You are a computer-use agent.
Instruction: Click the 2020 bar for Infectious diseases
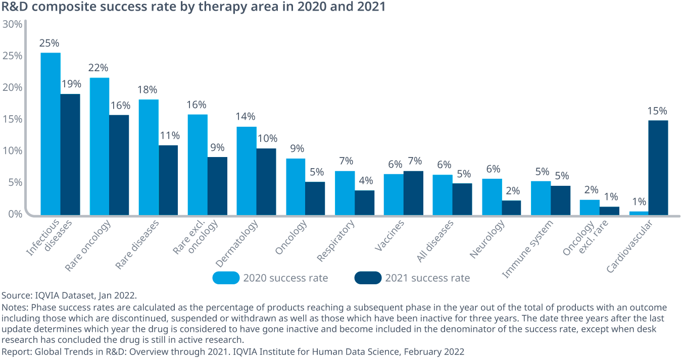click(x=51, y=134)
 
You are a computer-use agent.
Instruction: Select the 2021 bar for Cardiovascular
click(x=658, y=167)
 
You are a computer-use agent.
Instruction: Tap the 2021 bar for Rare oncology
click(x=119, y=165)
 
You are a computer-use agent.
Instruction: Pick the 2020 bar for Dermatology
click(x=247, y=170)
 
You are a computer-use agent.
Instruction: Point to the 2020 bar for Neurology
click(x=492, y=196)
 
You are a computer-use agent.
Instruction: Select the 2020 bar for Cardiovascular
click(x=639, y=213)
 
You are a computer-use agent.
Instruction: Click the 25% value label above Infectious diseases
click(x=50, y=43)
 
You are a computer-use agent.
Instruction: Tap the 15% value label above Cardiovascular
click(x=657, y=111)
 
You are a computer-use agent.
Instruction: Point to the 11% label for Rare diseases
click(x=169, y=136)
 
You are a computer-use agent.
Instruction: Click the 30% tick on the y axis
click(x=12, y=24)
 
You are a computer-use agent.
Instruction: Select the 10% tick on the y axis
click(x=12, y=150)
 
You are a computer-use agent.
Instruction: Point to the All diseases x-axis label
click(x=435, y=241)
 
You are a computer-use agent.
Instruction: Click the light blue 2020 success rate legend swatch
click(x=226, y=278)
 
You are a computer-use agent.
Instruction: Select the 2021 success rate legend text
click(x=427, y=278)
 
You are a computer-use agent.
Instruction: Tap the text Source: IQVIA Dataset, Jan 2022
click(x=69, y=295)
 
